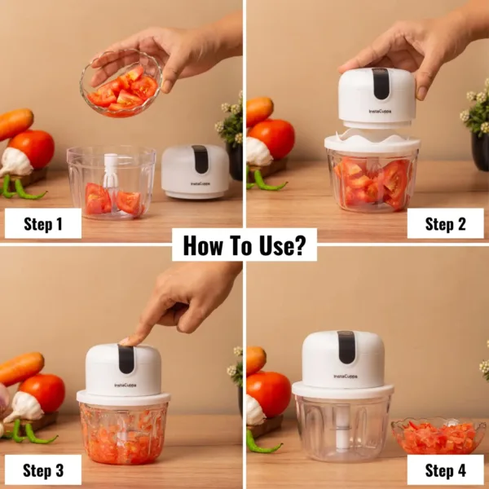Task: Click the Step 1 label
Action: (x=42, y=223)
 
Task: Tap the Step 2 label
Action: (x=445, y=223)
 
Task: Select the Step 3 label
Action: (x=42, y=469)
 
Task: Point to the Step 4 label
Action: (x=445, y=469)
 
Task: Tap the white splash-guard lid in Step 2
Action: (x=372, y=142)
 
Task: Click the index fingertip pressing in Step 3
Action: (x=128, y=341)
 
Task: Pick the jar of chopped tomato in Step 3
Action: (x=123, y=432)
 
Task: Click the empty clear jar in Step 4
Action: (x=342, y=428)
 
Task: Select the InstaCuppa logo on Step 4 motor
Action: (x=344, y=377)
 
